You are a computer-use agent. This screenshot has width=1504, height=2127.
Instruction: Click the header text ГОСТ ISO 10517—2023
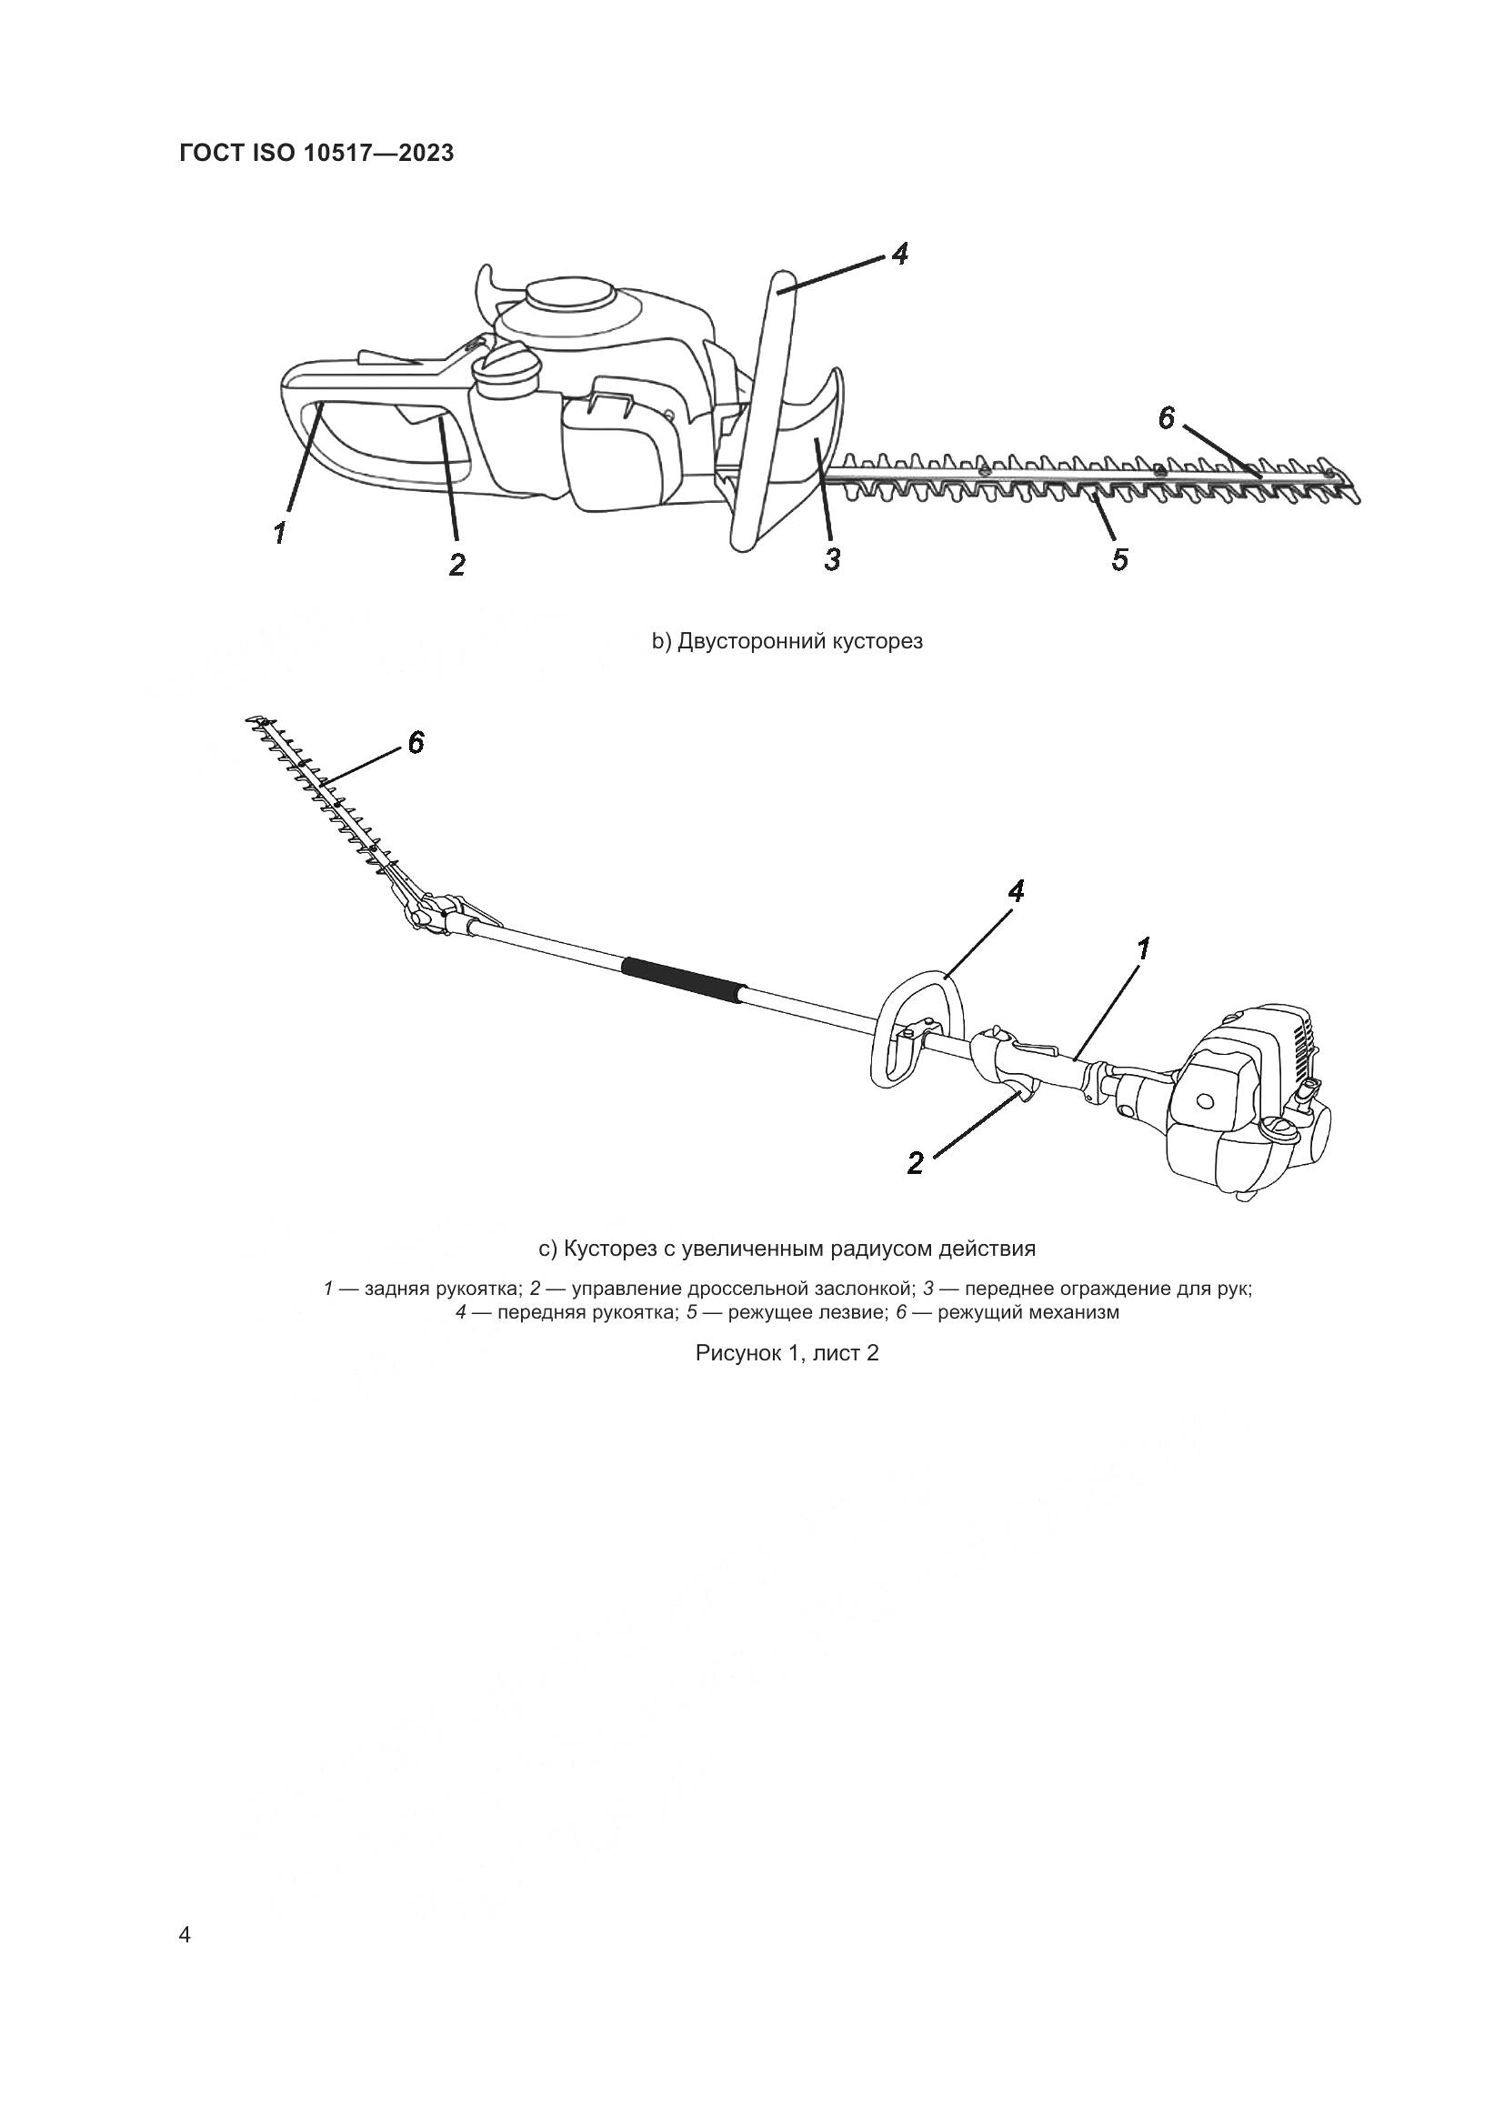click(316, 153)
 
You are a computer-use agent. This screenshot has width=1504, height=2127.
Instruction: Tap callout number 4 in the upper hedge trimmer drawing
click(899, 254)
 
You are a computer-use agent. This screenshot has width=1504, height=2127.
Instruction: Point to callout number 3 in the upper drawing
click(832, 558)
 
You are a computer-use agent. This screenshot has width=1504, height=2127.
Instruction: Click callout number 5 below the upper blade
click(1119, 559)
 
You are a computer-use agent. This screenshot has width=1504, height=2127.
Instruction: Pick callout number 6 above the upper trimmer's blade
click(1167, 418)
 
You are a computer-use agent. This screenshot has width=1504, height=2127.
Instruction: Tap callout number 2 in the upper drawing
click(456, 564)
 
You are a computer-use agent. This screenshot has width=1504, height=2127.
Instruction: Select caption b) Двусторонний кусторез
click(787, 641)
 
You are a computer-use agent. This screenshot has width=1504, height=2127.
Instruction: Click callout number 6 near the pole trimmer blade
click(416, 741)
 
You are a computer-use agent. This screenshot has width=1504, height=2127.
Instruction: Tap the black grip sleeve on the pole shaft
click(684, 979)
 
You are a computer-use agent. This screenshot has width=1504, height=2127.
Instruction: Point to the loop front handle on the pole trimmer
click(917, 1028)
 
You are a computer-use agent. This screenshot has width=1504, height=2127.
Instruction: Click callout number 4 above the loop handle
click(1016, 891)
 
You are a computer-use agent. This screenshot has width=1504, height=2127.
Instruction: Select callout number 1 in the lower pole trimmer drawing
click(1144, 948)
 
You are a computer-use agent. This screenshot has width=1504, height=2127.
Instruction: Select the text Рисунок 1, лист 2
click(787, 1352)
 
